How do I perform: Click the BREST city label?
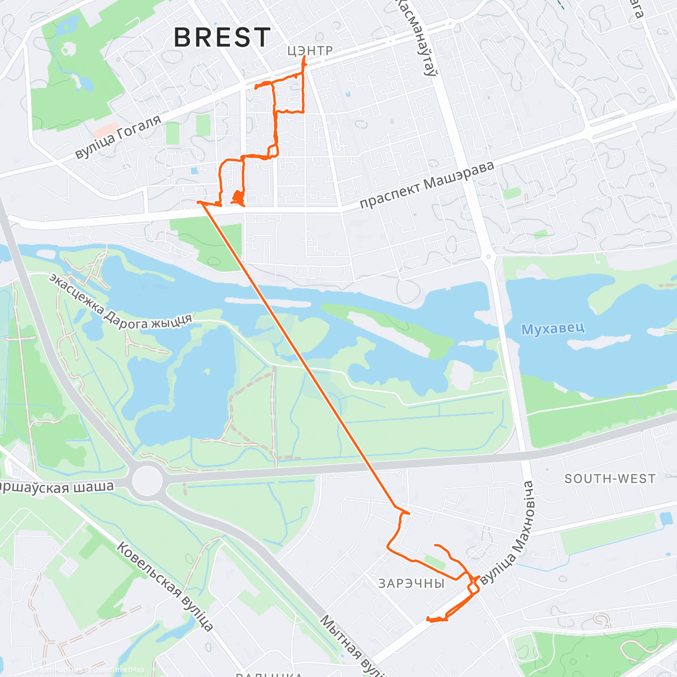222,38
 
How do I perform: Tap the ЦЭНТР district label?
310,51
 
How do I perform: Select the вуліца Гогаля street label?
118,136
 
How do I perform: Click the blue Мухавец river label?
552,328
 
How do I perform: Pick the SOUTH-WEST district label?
610,479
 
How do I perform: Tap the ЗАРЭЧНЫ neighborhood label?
411,583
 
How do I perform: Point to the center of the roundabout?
146,481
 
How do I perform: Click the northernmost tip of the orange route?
305,58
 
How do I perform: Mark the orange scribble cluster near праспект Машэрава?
238,197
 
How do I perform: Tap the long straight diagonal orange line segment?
299,350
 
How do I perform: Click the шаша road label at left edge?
56,487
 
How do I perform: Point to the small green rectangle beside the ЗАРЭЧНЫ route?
435,561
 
